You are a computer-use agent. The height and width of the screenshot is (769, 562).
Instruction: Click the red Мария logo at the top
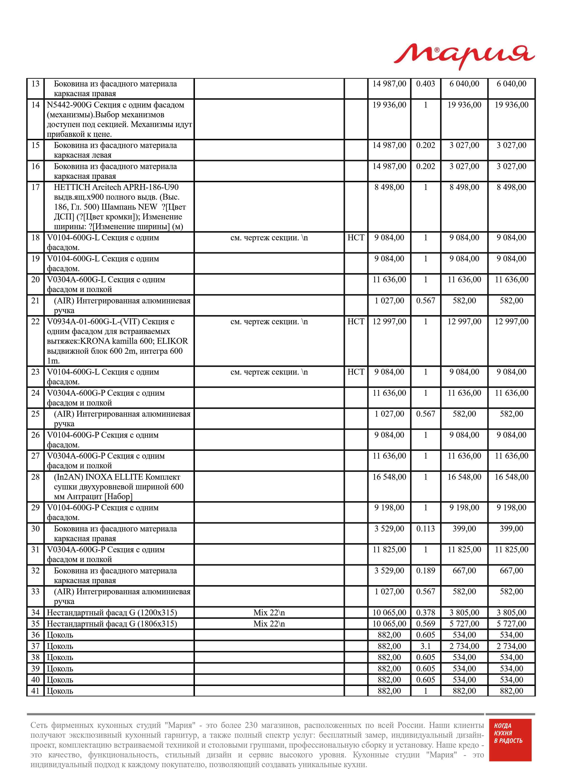(x=464, y=56)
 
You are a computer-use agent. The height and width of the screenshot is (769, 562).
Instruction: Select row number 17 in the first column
(x=35, y=187)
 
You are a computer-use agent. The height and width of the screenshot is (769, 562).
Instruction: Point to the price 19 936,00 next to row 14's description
(x=389, y=105)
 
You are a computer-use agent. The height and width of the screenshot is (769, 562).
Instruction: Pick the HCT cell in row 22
(x=356, y=322)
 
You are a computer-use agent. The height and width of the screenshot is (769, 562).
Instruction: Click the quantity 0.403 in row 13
(x=425, y=84)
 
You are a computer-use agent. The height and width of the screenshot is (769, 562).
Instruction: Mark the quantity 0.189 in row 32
(x=425, y=571)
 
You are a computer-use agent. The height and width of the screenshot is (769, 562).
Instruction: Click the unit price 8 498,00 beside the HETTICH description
(x=389, y=187)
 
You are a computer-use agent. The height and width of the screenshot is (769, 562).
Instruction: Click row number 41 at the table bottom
(x=35, y=691)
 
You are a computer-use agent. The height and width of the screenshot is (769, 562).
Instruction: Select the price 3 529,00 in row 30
(x=389, y=529)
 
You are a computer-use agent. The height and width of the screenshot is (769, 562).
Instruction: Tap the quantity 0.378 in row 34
(x=425, y=613)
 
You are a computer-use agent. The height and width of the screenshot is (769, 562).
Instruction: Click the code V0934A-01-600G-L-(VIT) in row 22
(x=93, y=322)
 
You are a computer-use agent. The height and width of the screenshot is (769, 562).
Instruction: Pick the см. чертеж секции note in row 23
(x=269, y=372)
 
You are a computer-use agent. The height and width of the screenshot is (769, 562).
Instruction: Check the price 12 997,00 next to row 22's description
(x=389, y=322)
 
